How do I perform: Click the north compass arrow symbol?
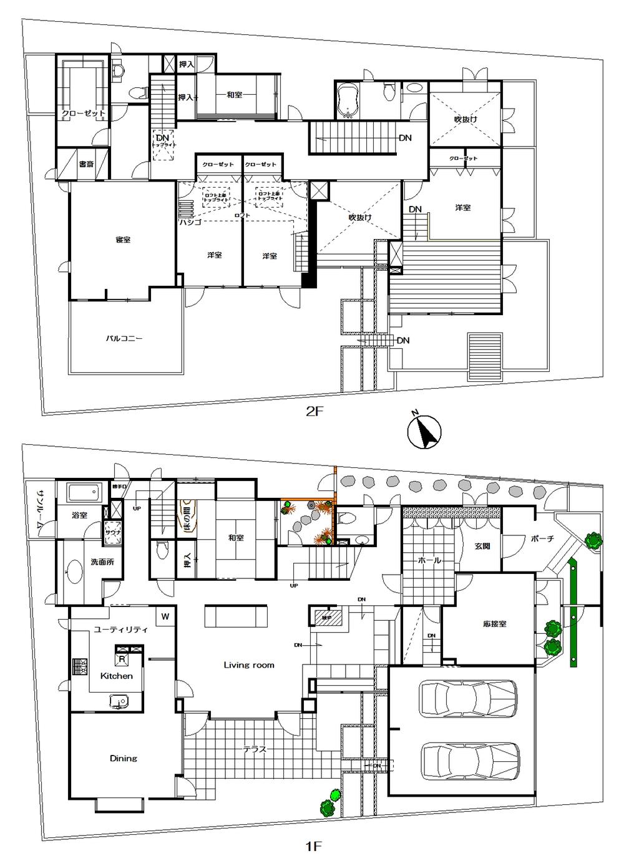pyautogui.click(x=424, y=431)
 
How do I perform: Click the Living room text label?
pyautogui.click(x=249, y=665)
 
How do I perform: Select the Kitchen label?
pyautogui.click(x=117, y=676)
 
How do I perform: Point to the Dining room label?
pyautogui.click(x=123, y=758)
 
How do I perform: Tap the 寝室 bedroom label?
pyautogui.click(x=123, y=240)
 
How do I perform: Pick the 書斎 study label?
pyautogui.click(x=86, y=165)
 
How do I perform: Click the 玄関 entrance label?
pyautogui.click(x=482, y=546)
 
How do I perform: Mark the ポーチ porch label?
pyautogui.click(x=542, y=538)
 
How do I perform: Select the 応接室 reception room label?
pyautogui.click(x=494, y=623)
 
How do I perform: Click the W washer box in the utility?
pyautogui.click(x=165, y=617)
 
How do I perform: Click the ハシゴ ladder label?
pyautogui.click(x=188, y=221)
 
